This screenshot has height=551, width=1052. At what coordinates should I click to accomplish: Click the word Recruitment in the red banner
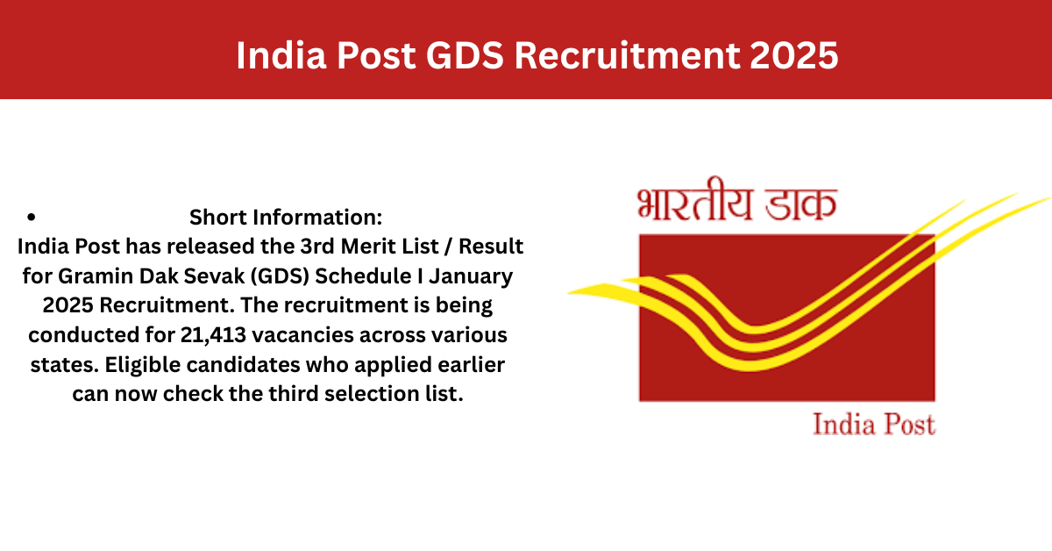[x=627, y=55]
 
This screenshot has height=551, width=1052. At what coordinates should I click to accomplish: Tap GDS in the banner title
[x=465, y=55]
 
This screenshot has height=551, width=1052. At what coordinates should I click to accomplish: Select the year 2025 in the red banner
[x=793, y=55]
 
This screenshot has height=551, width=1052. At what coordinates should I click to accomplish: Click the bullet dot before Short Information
[x=31, y=218]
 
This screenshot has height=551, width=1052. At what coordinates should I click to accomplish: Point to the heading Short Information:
[x=286, y=218]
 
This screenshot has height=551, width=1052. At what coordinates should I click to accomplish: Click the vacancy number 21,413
[x=213, y=335]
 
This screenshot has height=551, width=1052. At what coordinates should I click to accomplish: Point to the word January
[x=470, y=277]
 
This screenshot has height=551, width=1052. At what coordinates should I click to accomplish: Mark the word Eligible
[x=142, y=365]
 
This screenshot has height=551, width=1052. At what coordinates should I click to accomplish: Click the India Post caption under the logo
[x=874, y=424]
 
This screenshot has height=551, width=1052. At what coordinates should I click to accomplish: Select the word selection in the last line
[x=372, y=394]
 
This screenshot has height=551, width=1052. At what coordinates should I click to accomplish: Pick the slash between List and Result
[x=449, y=247]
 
